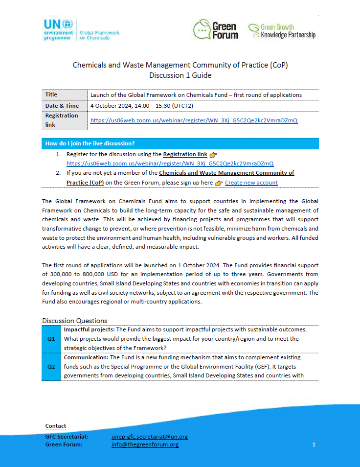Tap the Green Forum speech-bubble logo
[216, 29]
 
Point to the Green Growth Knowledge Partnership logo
[281, 31]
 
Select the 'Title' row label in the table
[51, 95]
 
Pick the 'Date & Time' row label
[62, 106]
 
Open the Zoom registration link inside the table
[194, 120]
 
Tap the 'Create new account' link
[251, 183]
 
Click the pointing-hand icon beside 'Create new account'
[219, 183]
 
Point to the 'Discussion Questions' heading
[74, 321]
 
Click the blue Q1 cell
[51, 339]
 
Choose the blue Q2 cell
[51, 367]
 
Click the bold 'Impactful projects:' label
[89, 329]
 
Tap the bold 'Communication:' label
[86, 357]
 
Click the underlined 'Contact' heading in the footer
[56, 426]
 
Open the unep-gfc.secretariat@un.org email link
[150, 437]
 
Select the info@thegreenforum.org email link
[145, 444]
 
